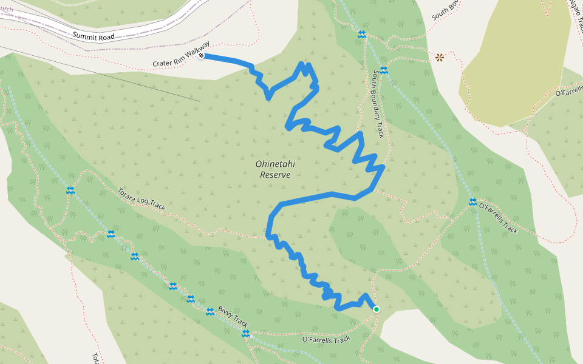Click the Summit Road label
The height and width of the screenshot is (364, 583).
94,36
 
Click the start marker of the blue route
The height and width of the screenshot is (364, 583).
201,56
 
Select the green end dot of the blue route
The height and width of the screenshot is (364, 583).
376,309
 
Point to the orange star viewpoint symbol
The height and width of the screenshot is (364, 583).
439,58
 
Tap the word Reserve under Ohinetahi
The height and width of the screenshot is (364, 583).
275,175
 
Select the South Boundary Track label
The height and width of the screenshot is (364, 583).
379,103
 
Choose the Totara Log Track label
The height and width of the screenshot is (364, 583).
141,198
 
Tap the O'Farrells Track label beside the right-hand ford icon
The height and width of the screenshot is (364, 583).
499,218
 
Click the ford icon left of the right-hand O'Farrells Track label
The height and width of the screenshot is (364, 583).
472,202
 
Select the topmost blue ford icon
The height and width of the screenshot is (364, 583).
362,35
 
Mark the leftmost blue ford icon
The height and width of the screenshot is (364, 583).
70,190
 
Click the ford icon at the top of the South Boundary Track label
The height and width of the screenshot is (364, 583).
384,70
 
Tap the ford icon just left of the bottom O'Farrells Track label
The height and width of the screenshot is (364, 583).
246,334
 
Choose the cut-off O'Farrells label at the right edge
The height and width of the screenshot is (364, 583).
568,93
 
